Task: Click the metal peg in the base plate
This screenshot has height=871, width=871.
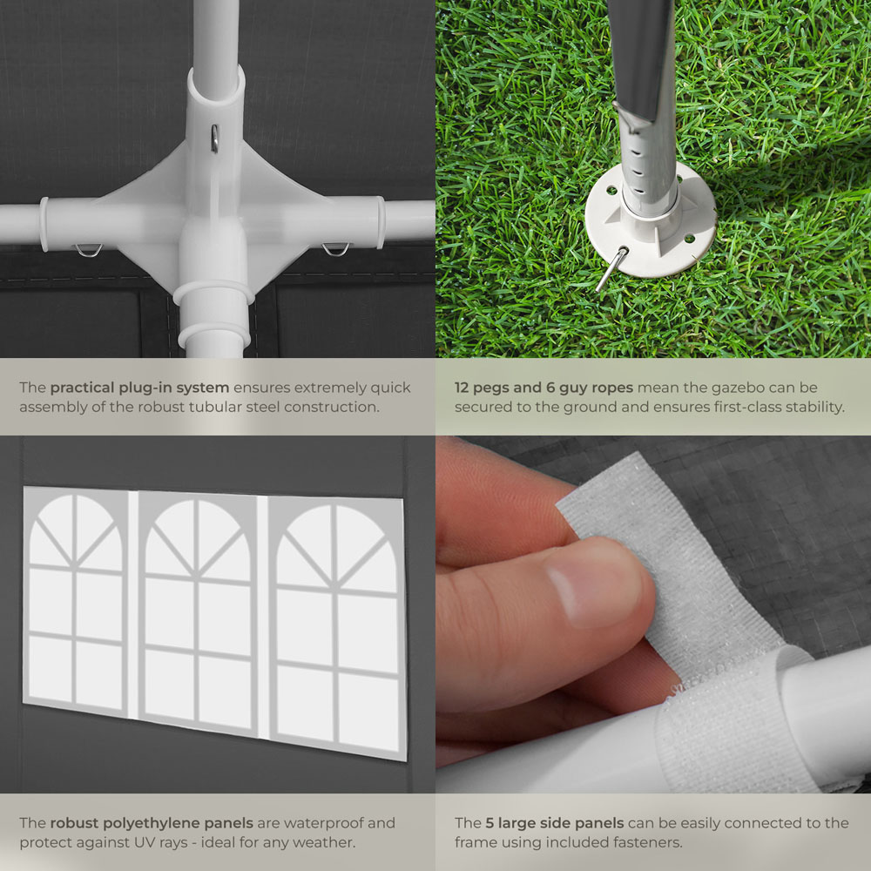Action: (x=611, y=268)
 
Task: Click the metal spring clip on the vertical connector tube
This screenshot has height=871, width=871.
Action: (x=214, y=138)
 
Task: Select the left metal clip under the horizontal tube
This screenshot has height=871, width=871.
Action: (x=89, y=251)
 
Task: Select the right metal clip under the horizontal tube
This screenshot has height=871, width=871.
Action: (x=336, y=249)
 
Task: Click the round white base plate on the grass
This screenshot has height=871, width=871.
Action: (x=650, y=222)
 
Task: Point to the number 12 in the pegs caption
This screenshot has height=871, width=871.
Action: (x=462, y=388)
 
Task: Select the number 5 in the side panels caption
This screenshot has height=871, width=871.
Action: (x=490, y=823)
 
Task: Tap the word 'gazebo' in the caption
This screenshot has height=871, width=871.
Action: (x=735, y=388)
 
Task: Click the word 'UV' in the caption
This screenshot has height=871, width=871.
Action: (x=143, y=842)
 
